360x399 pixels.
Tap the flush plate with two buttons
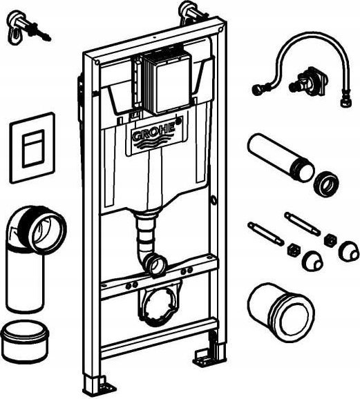32,148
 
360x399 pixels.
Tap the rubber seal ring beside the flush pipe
325,182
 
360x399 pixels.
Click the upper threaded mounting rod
302,224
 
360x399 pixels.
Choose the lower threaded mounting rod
265,234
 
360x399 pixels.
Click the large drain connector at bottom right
281,312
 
